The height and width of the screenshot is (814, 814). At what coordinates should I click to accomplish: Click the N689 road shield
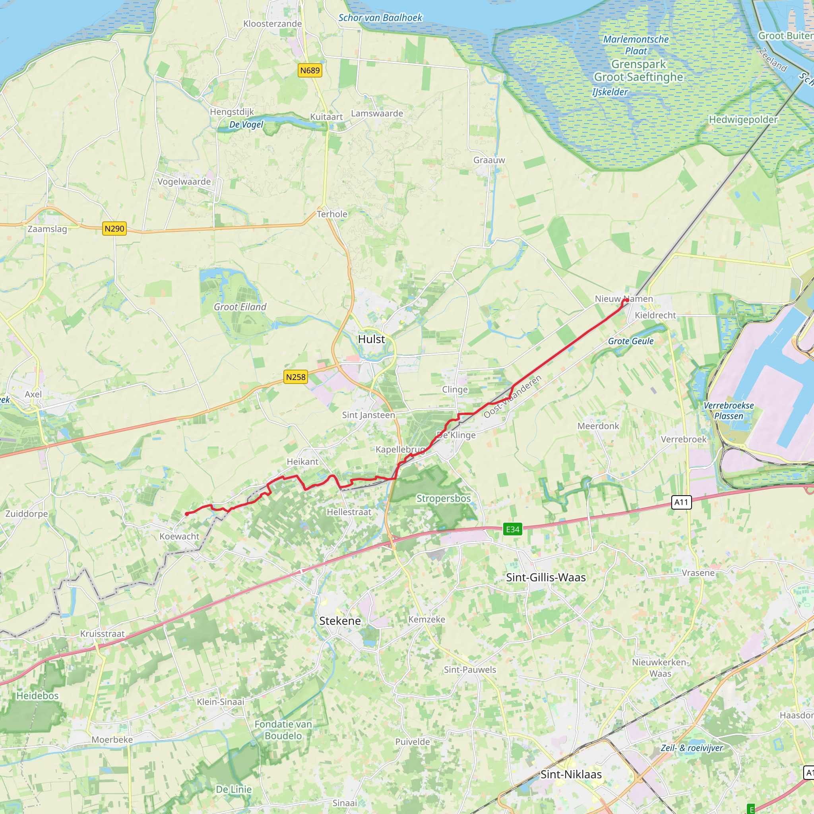coord(310,70)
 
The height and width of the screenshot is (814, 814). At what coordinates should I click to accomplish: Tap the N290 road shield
coord(114,229)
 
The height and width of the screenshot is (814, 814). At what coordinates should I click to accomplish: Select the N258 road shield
coord(295,377)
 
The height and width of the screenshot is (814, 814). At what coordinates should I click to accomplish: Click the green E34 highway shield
coord(512,529)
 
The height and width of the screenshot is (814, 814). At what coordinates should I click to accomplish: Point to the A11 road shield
coord(681,502)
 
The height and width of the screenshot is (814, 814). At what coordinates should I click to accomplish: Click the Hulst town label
coord(371,339)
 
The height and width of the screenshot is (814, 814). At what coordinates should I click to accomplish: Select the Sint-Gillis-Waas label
coord(546,577)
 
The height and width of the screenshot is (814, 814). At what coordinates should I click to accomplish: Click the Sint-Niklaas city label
coord(571,774)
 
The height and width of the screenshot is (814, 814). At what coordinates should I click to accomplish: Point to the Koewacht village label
coord(179,536)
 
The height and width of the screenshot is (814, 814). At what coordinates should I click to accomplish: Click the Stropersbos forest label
coord(444,498)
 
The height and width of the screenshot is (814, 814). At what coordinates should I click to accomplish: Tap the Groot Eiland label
coord(240,307)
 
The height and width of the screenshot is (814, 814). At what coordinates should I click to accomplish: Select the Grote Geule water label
coord(631,341)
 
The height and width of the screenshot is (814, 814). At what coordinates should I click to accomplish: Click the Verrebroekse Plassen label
coord(729,410)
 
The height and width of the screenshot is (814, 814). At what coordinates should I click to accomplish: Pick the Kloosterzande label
coord(273,23)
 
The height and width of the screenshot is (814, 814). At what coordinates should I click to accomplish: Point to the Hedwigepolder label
coord(743,120)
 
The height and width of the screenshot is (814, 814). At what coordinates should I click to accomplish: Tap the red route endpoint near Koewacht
coord(187,514)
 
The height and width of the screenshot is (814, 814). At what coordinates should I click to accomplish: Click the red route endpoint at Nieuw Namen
coord(627,300)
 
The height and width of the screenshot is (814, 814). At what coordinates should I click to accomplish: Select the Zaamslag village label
coord(47,229)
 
